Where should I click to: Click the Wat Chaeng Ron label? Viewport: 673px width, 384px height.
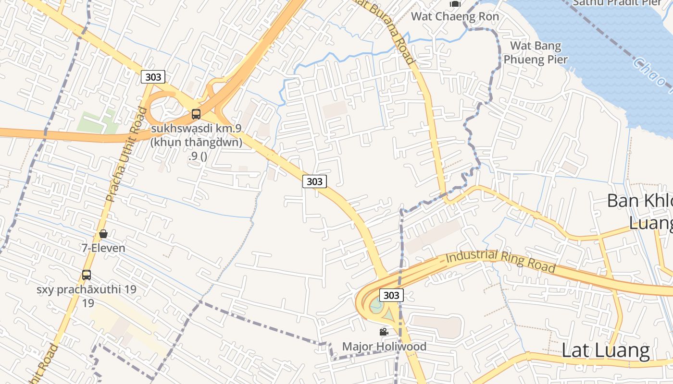455,16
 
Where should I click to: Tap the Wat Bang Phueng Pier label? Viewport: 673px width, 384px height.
536,53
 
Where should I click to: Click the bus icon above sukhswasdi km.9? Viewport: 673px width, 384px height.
196,114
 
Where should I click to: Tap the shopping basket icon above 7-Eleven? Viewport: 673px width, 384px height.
103,234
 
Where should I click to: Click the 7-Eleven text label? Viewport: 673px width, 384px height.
103,248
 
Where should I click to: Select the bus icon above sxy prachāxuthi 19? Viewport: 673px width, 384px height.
87,275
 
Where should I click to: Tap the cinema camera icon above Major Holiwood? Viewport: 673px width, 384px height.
384,332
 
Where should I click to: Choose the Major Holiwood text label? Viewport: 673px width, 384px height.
384,347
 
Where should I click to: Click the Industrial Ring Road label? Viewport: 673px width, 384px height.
500,261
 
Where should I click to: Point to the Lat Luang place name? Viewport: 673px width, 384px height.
606,351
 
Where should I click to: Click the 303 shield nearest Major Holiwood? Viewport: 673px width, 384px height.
391,295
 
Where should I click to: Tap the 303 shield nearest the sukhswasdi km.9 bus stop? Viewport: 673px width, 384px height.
153,77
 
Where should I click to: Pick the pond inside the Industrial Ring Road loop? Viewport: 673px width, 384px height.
376,304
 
